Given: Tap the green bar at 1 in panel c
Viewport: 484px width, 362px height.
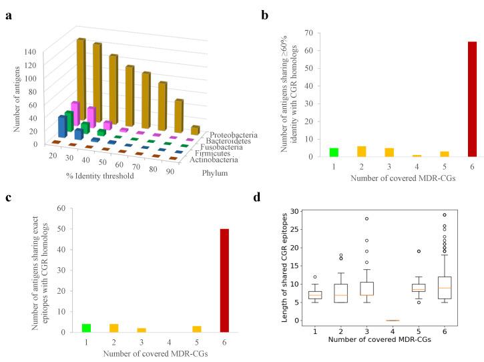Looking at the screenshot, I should click(86, 327).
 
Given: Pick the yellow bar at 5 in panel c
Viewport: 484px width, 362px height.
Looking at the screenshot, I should click(197, 329).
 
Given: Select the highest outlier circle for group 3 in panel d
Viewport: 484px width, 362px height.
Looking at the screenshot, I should click(367, 219).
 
